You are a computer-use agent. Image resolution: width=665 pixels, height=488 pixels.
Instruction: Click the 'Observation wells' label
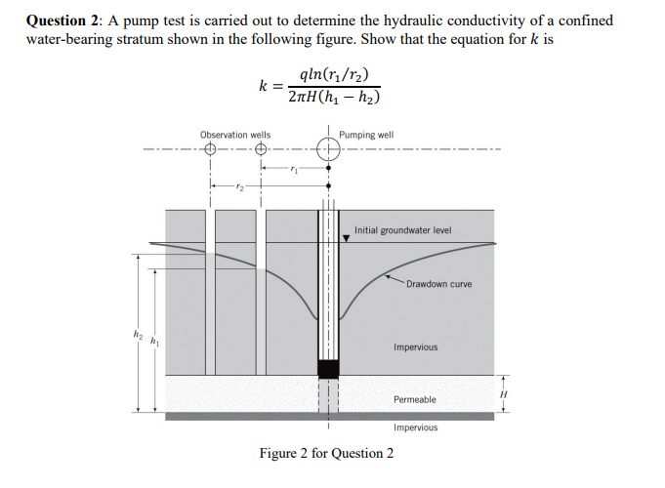click(235, 135)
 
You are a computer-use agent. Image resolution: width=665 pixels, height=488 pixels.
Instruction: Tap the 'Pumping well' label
click(367, 135)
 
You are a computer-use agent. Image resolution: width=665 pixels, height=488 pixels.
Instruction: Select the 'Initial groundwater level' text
click(402, 230)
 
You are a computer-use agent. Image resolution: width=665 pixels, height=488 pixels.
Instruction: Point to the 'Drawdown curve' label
click(438, 284)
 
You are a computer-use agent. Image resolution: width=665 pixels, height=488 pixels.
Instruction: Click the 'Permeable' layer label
click(415, 400)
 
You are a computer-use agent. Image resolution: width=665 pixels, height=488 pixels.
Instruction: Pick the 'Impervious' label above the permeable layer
click(415, 347)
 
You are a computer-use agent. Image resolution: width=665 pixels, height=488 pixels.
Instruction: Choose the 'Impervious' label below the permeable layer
click(416, 427)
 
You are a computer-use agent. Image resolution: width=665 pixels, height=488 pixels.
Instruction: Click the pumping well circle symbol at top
click(328, 150)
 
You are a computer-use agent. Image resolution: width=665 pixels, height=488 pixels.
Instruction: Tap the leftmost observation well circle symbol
click(211, 150)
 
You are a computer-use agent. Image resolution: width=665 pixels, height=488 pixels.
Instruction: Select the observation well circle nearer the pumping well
click(261, 150)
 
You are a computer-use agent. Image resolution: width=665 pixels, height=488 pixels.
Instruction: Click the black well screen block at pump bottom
click(328, 368)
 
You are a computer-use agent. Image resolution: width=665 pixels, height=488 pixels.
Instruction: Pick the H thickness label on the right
click(507, 393)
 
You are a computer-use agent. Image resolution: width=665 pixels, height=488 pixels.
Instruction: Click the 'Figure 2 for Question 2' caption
click(326, 453)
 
